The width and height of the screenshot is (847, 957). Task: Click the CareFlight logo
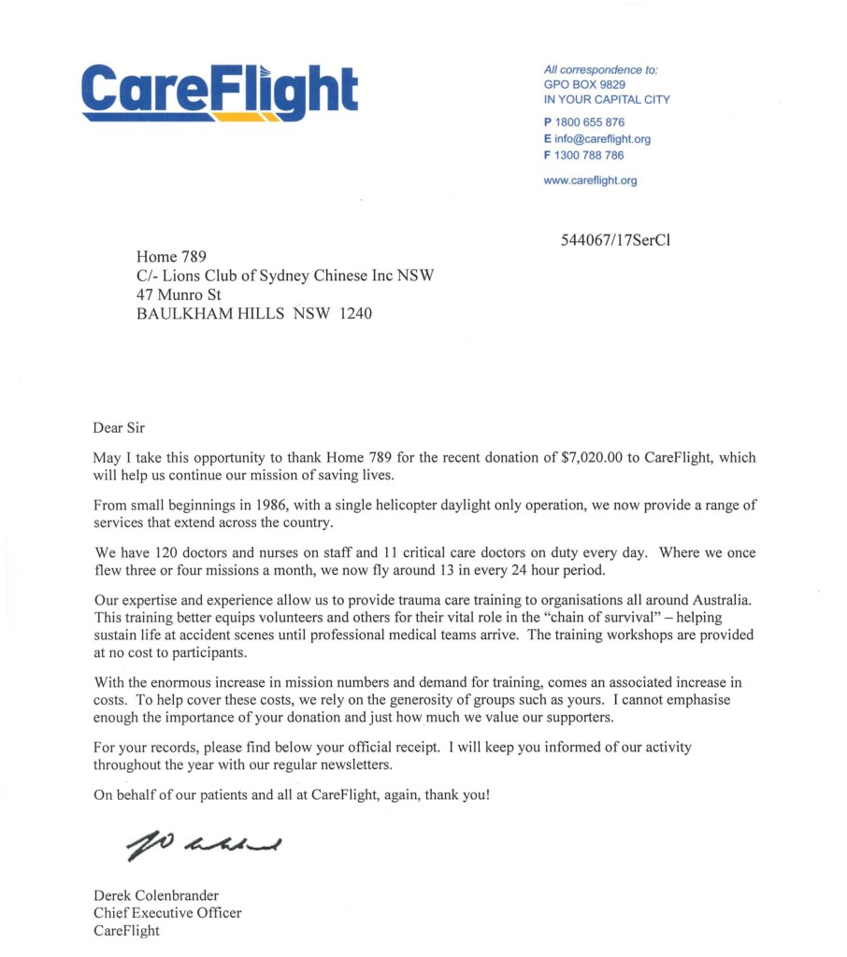pos(220,90)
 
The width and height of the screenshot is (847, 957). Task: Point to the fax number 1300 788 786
pos(589,156)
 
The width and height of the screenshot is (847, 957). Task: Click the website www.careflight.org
pos(590,181)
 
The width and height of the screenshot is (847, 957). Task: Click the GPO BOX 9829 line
pos(584,84)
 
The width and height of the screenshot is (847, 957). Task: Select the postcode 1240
pos(354,314)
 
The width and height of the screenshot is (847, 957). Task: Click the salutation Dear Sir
pos(120,428)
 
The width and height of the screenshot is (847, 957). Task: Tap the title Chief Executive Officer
pos(167,913)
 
